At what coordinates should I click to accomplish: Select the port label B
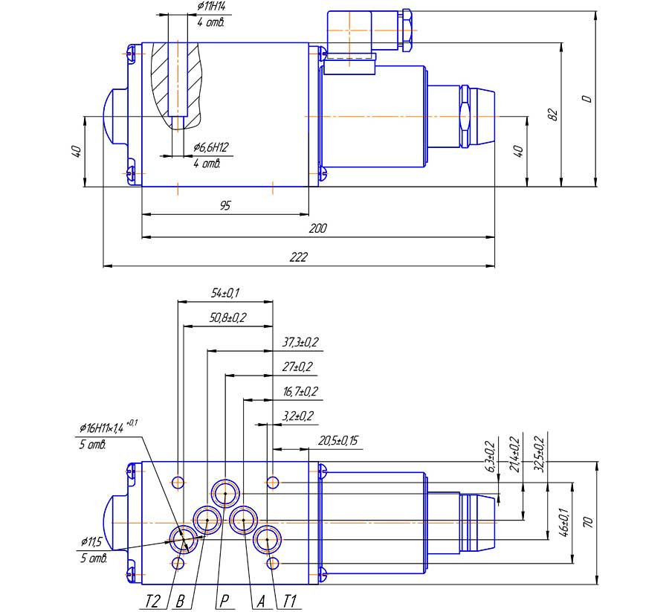179,602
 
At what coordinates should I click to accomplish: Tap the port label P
222,602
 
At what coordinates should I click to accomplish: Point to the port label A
259,602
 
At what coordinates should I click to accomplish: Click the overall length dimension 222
297,257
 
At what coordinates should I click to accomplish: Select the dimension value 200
317,229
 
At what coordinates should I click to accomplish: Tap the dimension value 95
224,206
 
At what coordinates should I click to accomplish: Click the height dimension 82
552,114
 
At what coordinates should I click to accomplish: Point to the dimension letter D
586,98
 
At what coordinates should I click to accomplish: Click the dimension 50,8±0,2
228,318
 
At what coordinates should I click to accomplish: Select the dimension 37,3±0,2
300,342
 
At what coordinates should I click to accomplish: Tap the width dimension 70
589,522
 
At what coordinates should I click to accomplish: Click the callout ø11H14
211,7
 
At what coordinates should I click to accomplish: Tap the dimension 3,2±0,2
299,416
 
